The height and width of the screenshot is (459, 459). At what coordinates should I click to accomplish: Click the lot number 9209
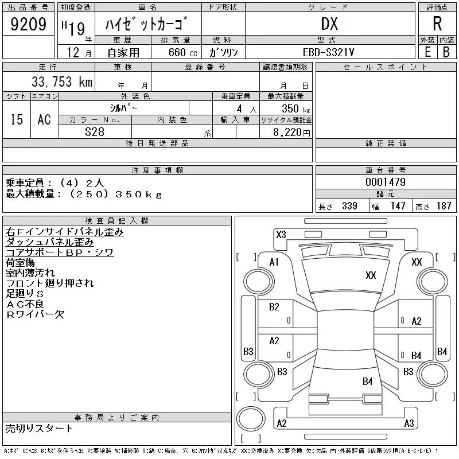[28, 24]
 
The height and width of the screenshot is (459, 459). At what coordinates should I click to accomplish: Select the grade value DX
[329, 24]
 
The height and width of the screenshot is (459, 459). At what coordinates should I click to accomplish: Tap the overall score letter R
[437, 24]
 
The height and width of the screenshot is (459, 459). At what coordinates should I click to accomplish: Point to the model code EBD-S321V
[328, 52]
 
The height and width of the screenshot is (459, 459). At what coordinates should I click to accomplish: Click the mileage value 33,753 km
[62, 81]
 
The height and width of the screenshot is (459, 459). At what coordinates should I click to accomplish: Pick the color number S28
[95, 132]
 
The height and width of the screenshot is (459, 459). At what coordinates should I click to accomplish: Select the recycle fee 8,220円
[291, 133]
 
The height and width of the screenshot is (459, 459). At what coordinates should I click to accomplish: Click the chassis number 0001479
[386, 182]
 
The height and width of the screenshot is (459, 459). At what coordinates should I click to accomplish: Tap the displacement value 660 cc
[182, 52]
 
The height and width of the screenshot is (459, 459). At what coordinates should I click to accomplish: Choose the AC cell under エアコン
[44, 119]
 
